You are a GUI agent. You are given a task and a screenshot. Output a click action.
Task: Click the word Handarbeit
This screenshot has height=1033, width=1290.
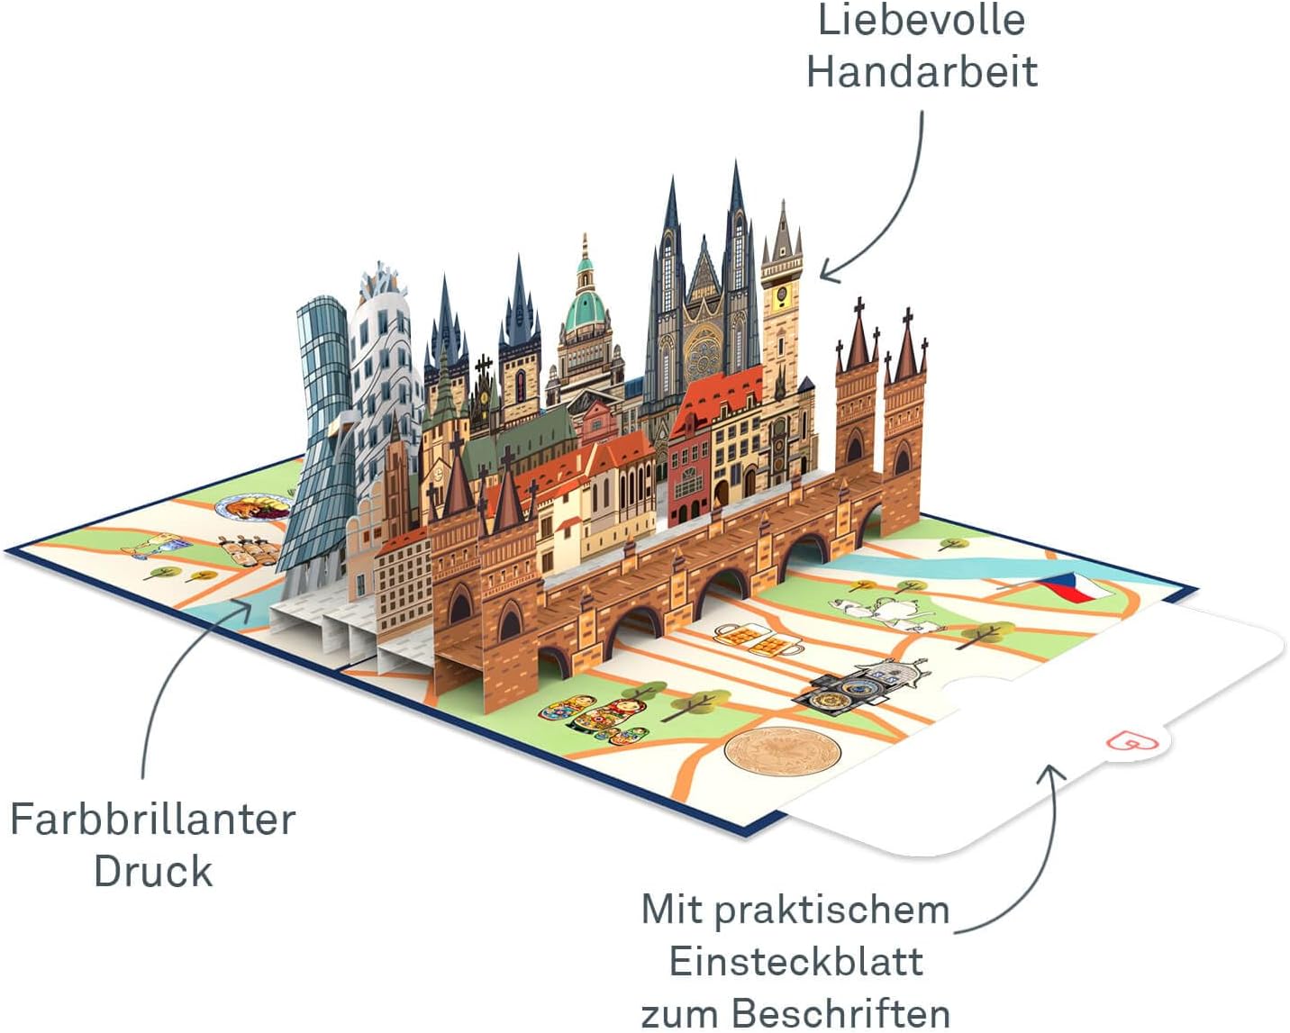(922, 71)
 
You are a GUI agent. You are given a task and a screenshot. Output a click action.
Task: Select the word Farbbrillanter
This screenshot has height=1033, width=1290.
(153, 819)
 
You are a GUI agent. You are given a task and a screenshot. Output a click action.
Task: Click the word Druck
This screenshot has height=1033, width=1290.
(153, 871)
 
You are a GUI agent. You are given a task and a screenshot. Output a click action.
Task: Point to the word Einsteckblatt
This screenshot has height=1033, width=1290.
(796, 962)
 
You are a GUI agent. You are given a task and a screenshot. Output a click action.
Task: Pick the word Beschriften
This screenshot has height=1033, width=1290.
(841, 1014)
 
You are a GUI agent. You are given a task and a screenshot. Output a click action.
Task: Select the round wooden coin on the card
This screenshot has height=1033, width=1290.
(782, 751)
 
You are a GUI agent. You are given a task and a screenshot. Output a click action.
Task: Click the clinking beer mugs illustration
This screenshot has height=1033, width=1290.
(759, 640)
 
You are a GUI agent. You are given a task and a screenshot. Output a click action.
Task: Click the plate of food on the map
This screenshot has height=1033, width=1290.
(255, 509)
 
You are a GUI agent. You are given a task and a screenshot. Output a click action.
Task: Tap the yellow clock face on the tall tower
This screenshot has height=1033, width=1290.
(782, 294)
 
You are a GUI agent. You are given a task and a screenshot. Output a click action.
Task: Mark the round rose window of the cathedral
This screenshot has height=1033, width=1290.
(704, 354)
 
